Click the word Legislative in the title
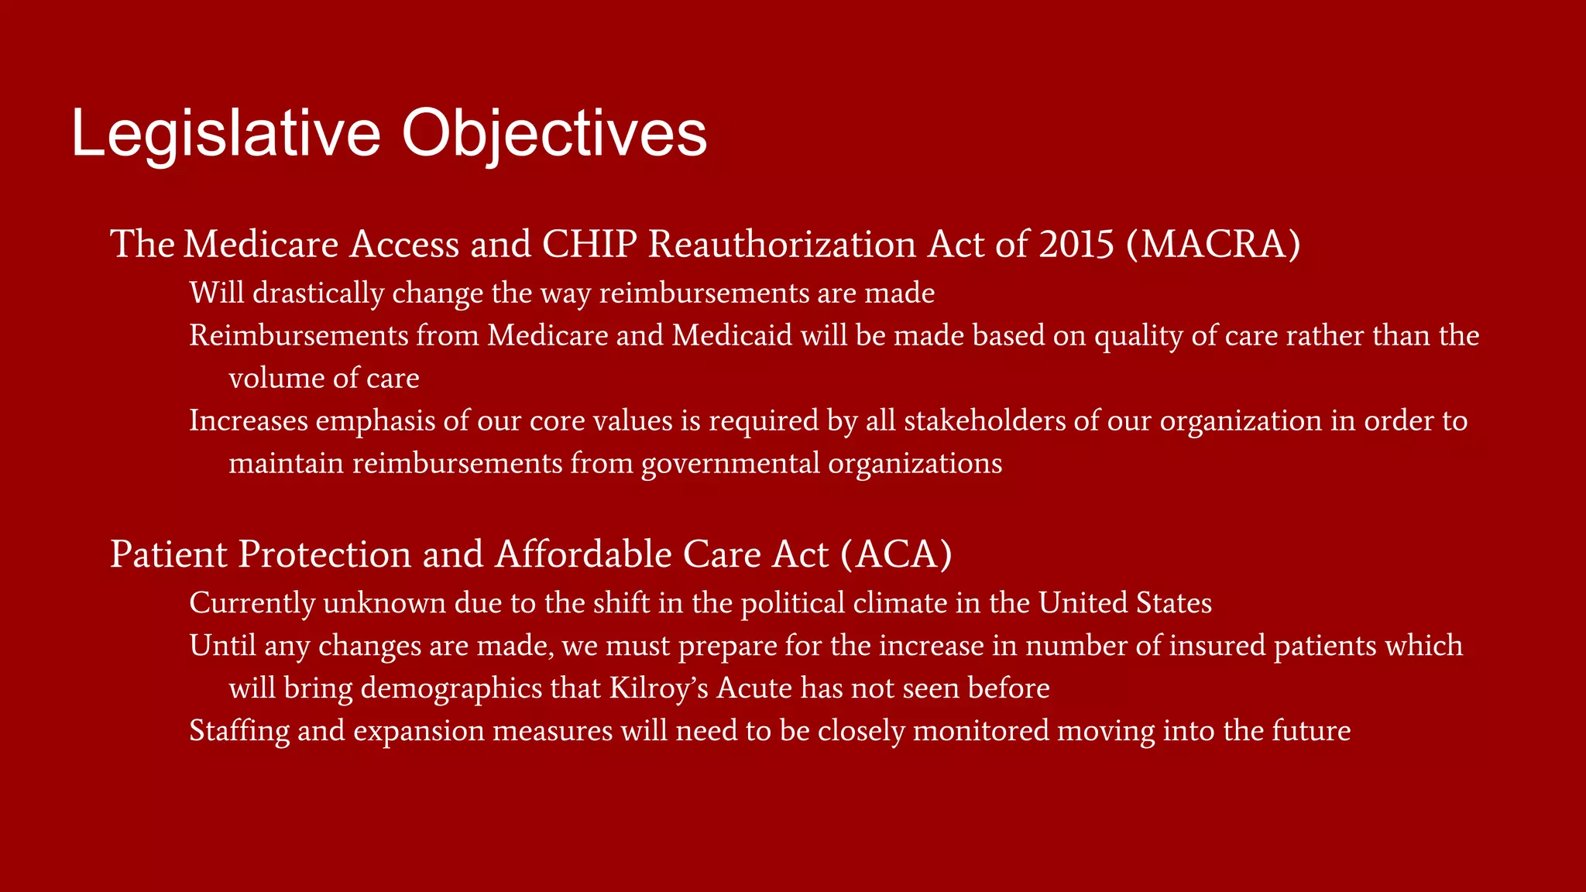point(225,134)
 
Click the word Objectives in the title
point(554,134)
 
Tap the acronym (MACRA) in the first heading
point(1214,244)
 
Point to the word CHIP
point(589,244)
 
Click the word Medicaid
point(732,335)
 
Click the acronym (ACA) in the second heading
point(895,554)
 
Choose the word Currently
point(252,603)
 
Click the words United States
point(1125,603)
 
